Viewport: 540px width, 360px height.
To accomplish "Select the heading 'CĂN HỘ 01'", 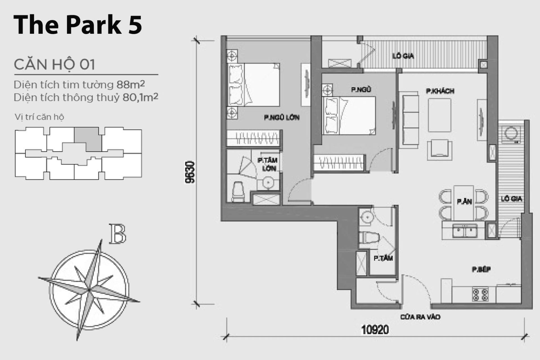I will [x=54, y=64].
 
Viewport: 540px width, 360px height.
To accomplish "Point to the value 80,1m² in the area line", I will [x=140, y=97].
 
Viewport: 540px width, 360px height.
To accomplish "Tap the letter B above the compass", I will [x=118, y=234].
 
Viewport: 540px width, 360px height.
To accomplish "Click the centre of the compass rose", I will [x=89, y=289].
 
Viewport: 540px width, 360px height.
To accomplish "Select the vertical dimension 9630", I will [x=191, y=172].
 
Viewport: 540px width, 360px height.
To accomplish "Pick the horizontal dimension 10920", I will [x=375, y=330].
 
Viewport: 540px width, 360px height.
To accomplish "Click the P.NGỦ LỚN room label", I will [x=282, y=118].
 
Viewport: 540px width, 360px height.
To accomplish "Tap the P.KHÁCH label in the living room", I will [x=440, y=91].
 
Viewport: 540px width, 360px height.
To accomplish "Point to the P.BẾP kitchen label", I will [x=481, y=269].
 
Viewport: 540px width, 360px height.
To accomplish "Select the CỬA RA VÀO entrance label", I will [x=420, y=317].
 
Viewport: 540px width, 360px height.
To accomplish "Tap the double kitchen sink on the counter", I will [x=465, y=231].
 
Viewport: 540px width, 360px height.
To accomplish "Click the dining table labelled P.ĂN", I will [x=464, y=202].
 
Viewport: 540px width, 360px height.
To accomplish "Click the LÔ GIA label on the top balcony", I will [x=403, y=56].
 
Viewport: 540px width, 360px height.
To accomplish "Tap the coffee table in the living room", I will [x=440, y=115].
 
